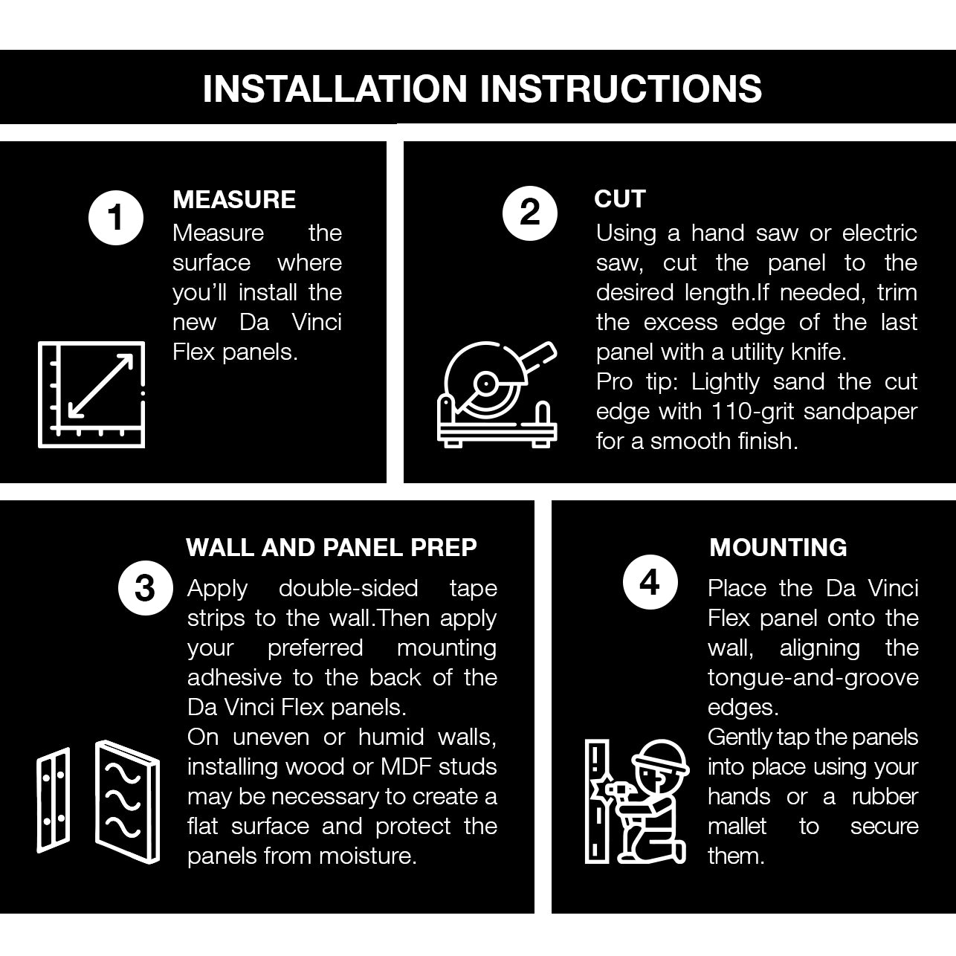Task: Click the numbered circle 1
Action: [x=116, y=218]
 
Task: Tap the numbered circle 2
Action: [x=530, y=213]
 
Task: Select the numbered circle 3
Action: [x=146, y=588]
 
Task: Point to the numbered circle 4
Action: [x=650, y=582]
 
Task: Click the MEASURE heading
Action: [x=234, y=199]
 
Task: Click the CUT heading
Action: [x=620, y=199]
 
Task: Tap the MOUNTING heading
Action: [x=778, y=548]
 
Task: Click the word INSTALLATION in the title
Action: [x=335, y=88]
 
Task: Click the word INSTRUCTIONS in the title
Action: [x=621, y=88]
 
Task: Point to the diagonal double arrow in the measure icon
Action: [x=100, y=386]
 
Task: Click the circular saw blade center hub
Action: [x=485, y=384]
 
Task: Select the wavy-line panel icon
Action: [x=128, y=802]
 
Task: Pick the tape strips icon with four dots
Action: [x=54, y=800]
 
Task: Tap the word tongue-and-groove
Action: [x=813, y=679]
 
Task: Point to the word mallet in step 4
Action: [x=737, y=827]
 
